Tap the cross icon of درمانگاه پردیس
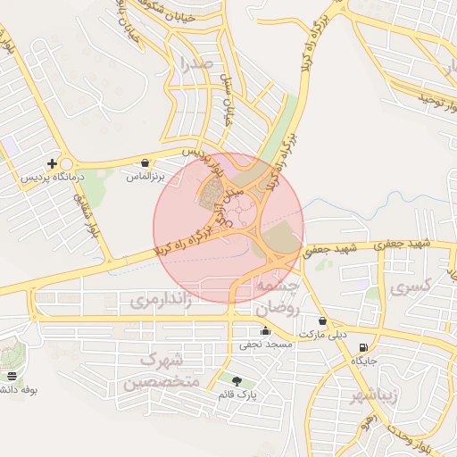(53, 163)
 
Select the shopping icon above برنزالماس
(145, 163)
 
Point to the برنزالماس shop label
(145, 178)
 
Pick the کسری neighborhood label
(411, 287)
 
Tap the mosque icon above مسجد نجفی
(265, 331)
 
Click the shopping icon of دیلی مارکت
(322, 321)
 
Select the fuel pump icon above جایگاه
(363, 347)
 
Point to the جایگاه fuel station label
(363, 361)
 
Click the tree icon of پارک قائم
(237, 381)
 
